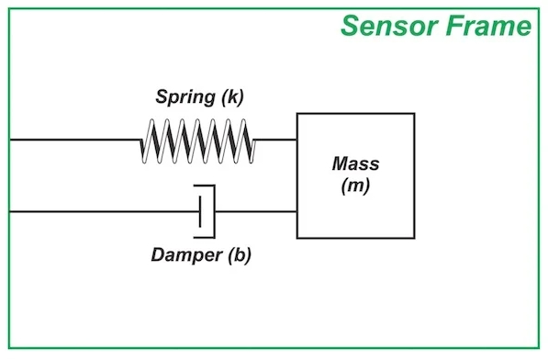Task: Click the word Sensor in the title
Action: tap(389, 26)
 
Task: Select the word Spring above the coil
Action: tap(185, 96)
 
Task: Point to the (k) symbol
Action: tap(232, 96)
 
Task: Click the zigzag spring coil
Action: tap(197, 141)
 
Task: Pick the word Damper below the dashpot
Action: tap(186, 254)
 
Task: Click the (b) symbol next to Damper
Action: tap(240, 254)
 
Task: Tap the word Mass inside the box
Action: tap(355, 163)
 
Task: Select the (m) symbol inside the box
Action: tap(355, 186)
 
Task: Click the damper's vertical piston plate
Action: tap(200, 212)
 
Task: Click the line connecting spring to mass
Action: tap(276, 140)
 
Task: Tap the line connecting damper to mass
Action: tap(256, 211)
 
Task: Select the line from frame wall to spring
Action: tap(75, 140)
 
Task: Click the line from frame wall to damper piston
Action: tap(105, 211)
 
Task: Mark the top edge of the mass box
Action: tap(356, 114)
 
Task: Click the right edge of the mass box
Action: tap(414, 175)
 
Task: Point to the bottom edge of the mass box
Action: tap(356, 238)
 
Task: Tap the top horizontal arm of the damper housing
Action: tap(204, 186)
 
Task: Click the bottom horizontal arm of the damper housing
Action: tap(204, 237)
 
